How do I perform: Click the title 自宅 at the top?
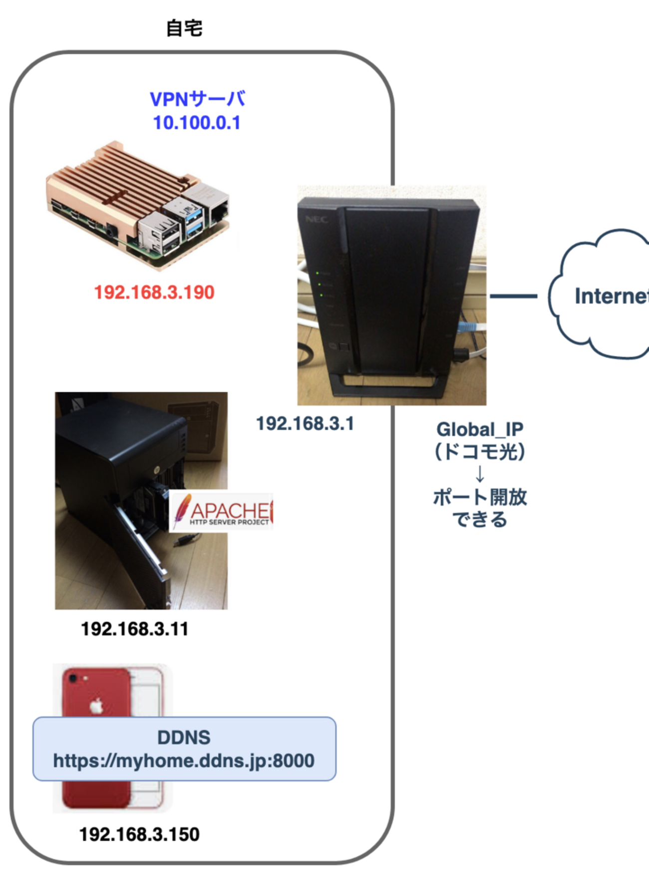(184, 28)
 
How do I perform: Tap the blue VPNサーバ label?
(197, 99)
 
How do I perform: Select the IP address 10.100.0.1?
(197, 122)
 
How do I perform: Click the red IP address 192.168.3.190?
(154, 292)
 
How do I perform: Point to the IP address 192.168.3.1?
(305, 424)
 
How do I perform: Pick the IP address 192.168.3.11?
(135, 629)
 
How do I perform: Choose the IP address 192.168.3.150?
(139, 834)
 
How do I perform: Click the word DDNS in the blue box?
(184, 737)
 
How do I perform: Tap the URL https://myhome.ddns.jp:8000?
(184, 761)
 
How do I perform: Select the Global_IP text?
(480, 429)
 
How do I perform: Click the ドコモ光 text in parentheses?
(480, 452)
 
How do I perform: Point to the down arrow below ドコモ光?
(480, 474)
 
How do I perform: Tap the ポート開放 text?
(480, 497)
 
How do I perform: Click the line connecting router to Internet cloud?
(513, 296)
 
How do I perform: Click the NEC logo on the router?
(316, 219)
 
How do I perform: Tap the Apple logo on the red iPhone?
(96, 706)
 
